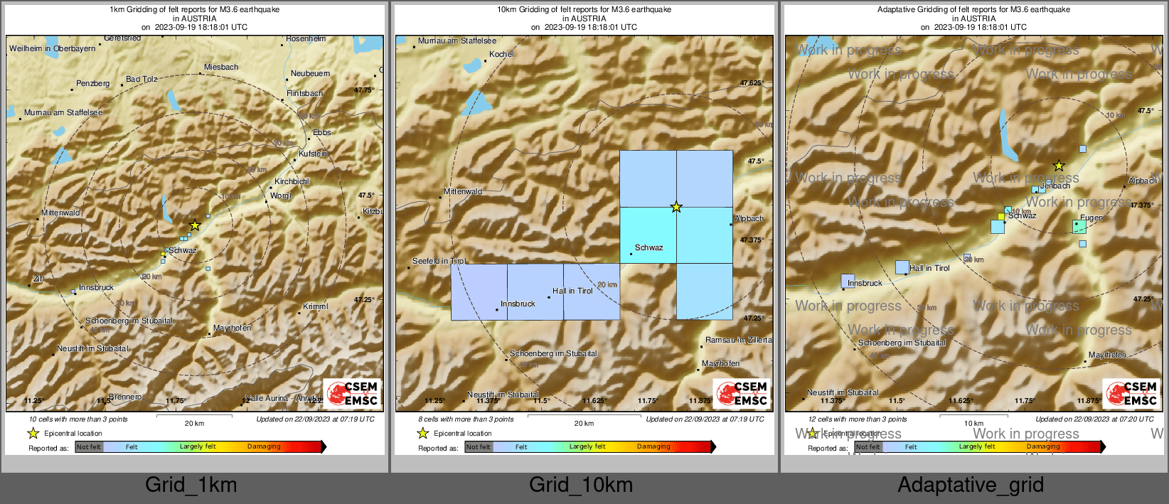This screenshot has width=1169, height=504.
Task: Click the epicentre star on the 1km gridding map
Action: click(195, 225)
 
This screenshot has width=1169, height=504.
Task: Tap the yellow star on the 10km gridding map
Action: click(676, 208)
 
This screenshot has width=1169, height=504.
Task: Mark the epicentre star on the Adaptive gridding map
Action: click(1059, 166)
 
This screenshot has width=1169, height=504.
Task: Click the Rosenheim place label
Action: click(306, 39)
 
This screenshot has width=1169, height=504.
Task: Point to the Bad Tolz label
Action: click(142, 79)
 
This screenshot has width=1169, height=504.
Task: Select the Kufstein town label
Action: click(313, 154)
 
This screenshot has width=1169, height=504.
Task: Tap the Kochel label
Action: click(501, 54)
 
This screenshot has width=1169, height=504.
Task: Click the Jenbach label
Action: click(1055, 186)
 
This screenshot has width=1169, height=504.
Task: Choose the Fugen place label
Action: click(1091, 218)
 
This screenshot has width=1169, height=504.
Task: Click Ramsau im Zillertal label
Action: click(738, 340)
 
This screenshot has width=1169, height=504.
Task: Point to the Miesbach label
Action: click(221, 67)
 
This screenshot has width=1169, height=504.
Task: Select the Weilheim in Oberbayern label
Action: click(52, 48)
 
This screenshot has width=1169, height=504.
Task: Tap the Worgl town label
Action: click(280, 195)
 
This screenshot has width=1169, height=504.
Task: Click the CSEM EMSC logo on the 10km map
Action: click(741, 394)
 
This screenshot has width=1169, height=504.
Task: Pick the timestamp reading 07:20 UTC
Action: click(1094, 419)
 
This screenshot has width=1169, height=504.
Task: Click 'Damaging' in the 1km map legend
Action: click(264, 447)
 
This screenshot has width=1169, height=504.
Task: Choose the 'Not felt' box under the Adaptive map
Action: click(867, 447)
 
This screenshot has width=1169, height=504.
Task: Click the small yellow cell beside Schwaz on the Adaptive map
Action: click(1001, 217)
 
